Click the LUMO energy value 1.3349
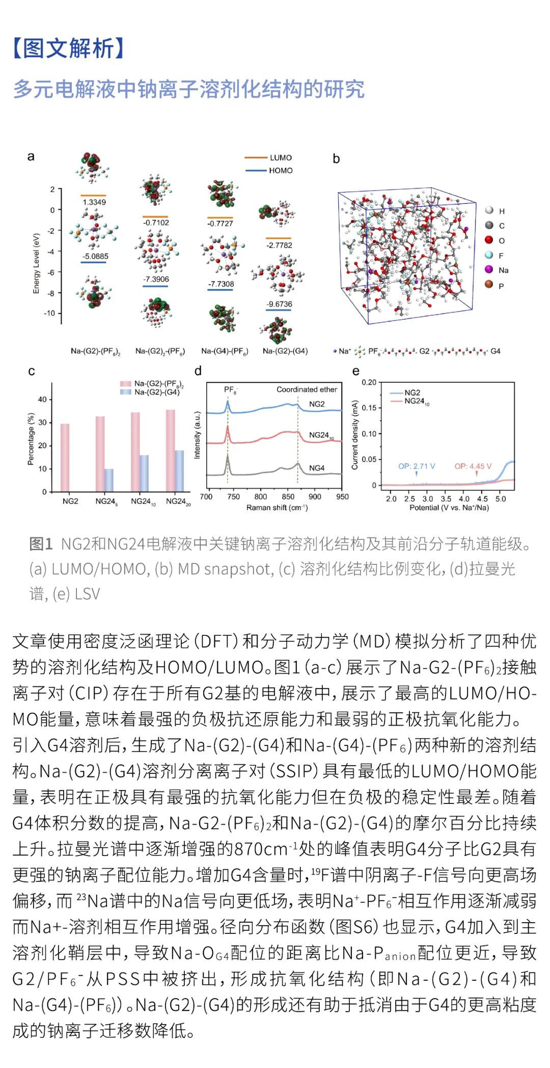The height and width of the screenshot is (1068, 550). coord(94,202)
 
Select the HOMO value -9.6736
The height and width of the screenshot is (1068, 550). coord(279,304)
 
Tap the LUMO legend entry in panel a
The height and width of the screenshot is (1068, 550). coord(280,158)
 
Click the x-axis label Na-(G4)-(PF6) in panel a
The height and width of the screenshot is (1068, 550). coord(225,351)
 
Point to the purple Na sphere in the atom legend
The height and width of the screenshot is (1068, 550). coord(489,270)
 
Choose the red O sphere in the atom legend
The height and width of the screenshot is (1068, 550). coord(489,240)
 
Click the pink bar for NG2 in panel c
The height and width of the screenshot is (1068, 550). coord(65,457)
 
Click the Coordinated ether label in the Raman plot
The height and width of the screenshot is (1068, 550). coord(307,389)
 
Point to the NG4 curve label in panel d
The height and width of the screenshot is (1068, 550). coord(317,468)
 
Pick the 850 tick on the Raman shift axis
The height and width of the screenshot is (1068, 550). coord(288,497)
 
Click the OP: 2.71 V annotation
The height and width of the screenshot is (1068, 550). coord(417,466)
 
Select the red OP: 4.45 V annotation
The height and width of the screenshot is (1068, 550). coord(473,466)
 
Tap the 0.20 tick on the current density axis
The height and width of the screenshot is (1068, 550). coord(369,382)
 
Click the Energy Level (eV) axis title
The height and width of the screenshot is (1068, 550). coord(36,264)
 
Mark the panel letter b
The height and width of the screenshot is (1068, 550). coord(336,159)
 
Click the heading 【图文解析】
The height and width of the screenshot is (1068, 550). coord(69,49)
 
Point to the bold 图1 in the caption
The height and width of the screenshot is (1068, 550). coord(41,544)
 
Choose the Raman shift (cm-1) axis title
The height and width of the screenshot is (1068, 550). coord(277,508)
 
